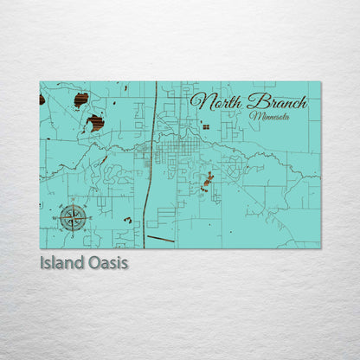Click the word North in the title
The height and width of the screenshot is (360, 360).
[x=215, y=101]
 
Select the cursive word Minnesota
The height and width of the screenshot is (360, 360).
[x=268, y=115]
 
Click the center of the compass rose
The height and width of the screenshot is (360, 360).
[x=72, y=217]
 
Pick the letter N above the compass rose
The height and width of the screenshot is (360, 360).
[x=72, y=203]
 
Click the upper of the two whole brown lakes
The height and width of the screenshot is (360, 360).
[x=81, y=100]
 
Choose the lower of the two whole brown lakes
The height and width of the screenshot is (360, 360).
[x=95, y=123]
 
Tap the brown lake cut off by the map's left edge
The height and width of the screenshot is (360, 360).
[x=42, y=100]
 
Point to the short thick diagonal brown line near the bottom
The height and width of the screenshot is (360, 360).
[x=160, y=238]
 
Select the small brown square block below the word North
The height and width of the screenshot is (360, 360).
[x=205, y=126]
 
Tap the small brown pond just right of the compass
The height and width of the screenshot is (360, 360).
[x=127, y=220]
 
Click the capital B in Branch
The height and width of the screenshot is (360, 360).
[x=250, y=100]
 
